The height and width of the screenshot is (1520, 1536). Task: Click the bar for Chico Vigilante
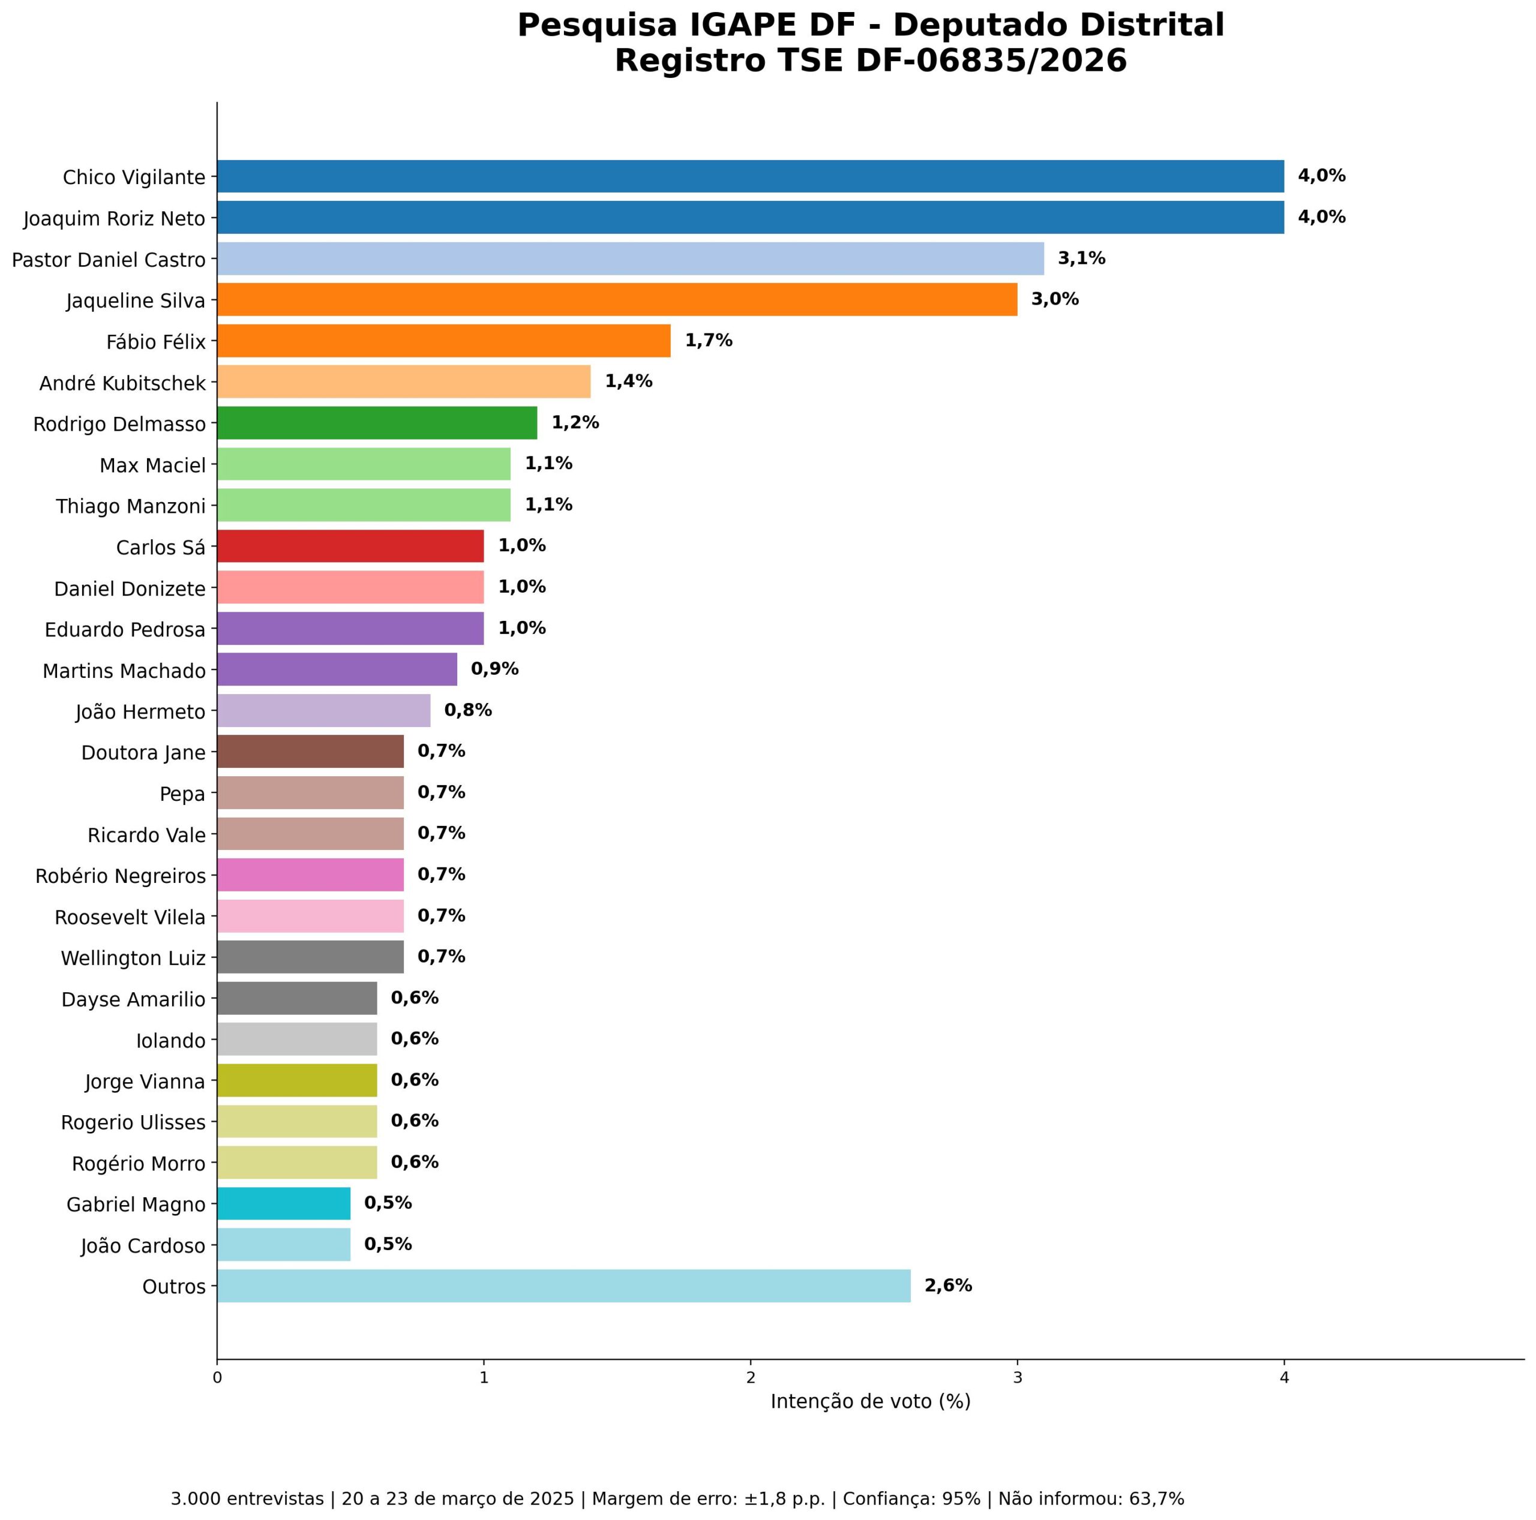[750, 176]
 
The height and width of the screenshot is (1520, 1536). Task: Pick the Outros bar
[563, 1285]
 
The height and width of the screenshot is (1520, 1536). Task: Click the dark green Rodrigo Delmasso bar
[377, 422]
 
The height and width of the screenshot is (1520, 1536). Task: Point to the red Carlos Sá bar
[350, 545]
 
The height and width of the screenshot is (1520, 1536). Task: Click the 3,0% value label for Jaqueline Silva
[1055, 300]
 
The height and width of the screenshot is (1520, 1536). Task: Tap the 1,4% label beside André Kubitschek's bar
[628, 381]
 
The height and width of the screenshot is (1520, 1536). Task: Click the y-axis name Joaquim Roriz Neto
[115, 218]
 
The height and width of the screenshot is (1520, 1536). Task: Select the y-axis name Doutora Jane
[143, 753]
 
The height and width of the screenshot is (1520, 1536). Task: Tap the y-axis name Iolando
[170, 1041]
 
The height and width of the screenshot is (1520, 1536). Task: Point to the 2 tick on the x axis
[751, 1378]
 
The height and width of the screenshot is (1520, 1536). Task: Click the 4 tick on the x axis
[1284, 1378]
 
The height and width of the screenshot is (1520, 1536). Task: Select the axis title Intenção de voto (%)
[871, 1402]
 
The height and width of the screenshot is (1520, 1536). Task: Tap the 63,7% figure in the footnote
[1157, 1498]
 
